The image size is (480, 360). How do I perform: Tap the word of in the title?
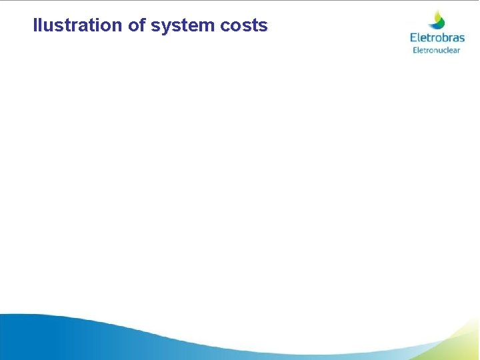click(x=136, y=25)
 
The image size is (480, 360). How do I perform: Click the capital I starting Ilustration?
click(x=35, y=25)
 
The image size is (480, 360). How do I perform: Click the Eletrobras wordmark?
click(x=437, y=38)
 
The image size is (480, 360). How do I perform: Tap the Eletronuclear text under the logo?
click(x=437, y=50)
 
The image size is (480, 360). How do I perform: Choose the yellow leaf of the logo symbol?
click(x=438, y=15)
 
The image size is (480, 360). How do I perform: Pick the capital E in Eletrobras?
click(x=413, y=38)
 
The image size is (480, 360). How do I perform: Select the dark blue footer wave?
click(x=40, y=337)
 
